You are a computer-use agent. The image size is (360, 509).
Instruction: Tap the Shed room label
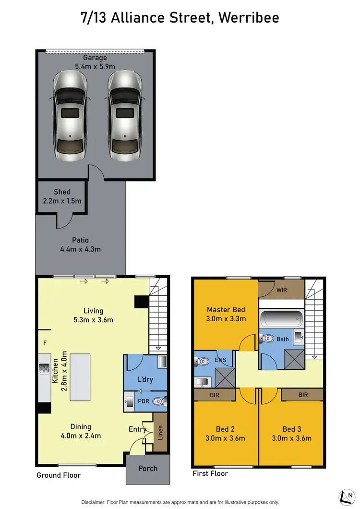click(62, 192)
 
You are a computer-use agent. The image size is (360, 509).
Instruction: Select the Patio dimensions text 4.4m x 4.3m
click(81, 249)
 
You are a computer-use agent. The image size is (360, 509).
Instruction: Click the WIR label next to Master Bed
click(281, 290)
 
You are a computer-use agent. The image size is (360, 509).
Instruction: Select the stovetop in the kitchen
click(45, 369)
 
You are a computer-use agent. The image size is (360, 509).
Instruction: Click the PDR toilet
click(158, 400)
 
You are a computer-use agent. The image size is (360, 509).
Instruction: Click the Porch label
click(148, 469)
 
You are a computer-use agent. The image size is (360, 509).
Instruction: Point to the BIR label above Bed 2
click(215, 395)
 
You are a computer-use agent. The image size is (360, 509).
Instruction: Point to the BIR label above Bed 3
click(303, 395)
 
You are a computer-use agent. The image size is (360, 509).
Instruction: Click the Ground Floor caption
click(59, 475)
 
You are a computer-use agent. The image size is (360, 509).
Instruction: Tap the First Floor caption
click(210, 473)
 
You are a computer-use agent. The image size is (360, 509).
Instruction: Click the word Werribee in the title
click(248, 18)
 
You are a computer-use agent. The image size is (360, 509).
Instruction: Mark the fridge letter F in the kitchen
click(45, 343)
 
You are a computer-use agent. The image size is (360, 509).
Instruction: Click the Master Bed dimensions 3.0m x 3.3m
click(226, 319)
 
